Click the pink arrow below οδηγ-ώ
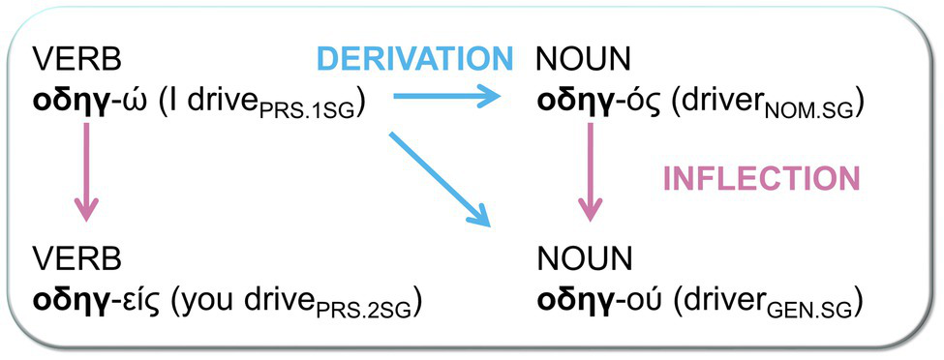pos(87,175)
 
